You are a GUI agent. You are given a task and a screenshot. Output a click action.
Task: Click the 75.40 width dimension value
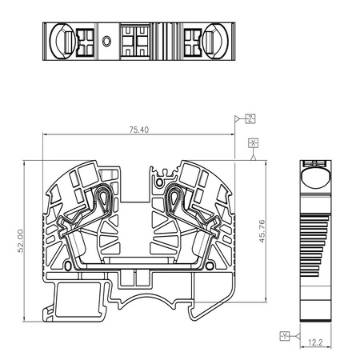[x=139, y=130]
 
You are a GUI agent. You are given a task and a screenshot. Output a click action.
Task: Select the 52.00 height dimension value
[x=21, y=241]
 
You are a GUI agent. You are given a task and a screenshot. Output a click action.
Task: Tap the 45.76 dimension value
[x=262, y=231]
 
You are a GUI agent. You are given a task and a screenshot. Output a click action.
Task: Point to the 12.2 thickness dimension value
[x=315, y=342]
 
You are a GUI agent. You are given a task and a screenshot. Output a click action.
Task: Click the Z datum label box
[x=250, y=118]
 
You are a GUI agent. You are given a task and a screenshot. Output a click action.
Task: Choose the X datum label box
[x=253, y=143]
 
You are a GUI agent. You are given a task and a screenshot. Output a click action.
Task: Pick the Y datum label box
[x=285, y=336]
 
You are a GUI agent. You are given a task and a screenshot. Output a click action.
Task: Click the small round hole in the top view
[x=106, y=42]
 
